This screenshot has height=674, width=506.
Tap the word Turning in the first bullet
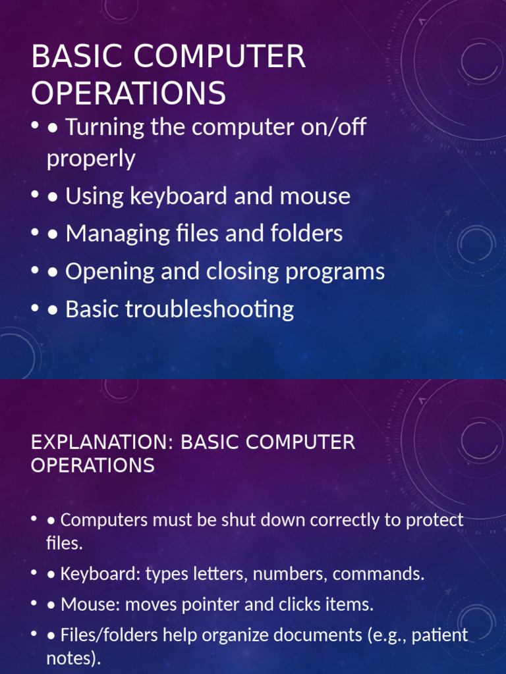[x=105, y=127]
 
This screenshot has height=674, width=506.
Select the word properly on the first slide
[x=91, y=159]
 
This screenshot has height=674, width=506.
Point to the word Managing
[x=117, y=234]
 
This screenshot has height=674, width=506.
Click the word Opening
[x=110, y=272]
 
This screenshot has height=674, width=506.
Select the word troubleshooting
[x=210, y=309]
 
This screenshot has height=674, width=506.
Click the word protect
[x=435, y=520]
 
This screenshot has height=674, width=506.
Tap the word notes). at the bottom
[x=74, y=658]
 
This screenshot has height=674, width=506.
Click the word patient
[x=439, y=636]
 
